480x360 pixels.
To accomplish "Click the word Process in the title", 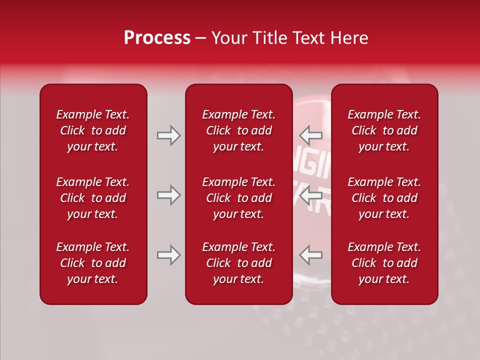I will [x=157, y=38].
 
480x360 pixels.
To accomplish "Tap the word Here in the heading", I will [x=348, y=38].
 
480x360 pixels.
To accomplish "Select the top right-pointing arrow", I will [x=168, y=135].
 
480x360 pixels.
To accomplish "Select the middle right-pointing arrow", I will [x=168, y=195].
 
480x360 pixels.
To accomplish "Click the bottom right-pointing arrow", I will [x=168, y=255].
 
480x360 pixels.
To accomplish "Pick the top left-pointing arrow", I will [x=310, y=135].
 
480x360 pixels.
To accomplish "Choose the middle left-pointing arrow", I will [x=310, y=195].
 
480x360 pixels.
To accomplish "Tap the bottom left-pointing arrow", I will [x=310, y=255].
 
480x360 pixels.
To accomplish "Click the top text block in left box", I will [x=93, y=130].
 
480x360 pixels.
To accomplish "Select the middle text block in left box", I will [x=93, y=198].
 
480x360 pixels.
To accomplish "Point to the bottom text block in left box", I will [x=93, y=263].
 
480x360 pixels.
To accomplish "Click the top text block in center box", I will [x=238, y=130].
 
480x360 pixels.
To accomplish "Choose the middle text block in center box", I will [x=238, y=198].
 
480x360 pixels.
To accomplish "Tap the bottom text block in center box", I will [x=238, y=263].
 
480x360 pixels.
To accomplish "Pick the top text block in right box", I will [x=384, y=130].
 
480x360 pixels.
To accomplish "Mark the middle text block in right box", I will [x=384, y=198].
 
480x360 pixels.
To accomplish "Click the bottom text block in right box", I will [x=384, y=263].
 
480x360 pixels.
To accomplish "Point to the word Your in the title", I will [x=228, y=38].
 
